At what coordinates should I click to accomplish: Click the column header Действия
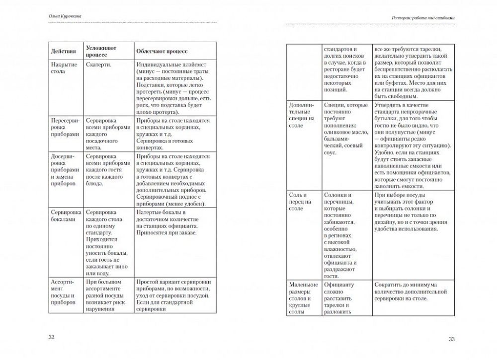tap(64, 51)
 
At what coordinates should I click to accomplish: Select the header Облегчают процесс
tap(159, 51)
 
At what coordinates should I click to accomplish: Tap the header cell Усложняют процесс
tap(101, 51)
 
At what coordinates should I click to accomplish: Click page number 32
tap(51, 337)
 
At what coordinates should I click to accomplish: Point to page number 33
tap(451, 339)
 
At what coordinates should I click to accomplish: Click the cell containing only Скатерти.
tap(98, 65)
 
